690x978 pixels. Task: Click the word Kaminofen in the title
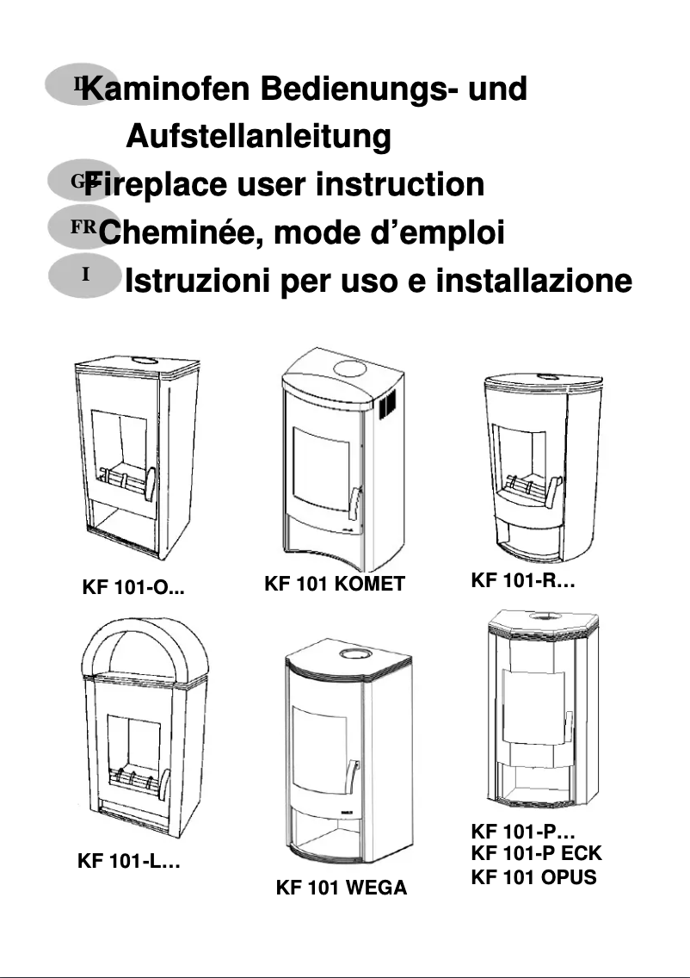162,90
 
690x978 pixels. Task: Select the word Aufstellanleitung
258,137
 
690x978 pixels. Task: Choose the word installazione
533,281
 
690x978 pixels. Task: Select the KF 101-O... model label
133,590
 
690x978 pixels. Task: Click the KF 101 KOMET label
334,585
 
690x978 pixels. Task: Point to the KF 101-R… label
522,580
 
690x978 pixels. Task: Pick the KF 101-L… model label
128,861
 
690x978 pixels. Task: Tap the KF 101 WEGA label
341,888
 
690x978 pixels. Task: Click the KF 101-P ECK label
536,854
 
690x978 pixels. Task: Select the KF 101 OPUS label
533,878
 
